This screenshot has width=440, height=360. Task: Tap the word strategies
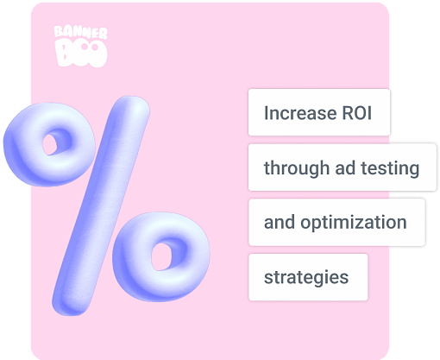pos(306,277)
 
